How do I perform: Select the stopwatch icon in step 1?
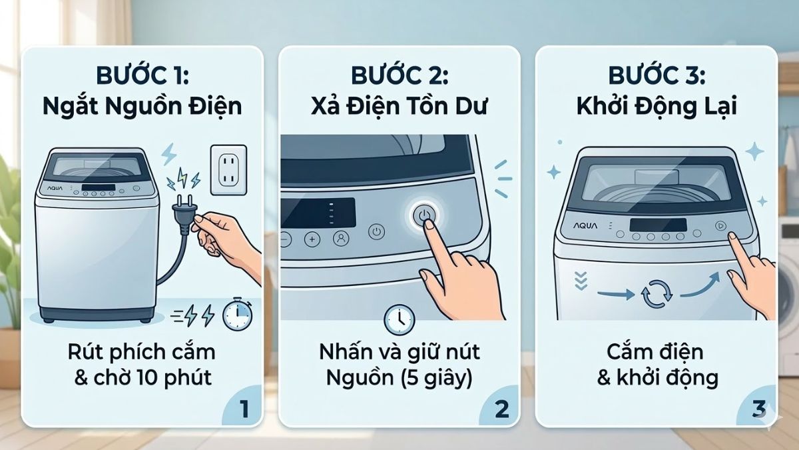(x=237, y=314)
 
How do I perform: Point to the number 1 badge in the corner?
(x=243, y=408)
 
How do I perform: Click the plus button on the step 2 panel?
(x=312, y=239)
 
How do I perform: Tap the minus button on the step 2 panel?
(x=286, y=239)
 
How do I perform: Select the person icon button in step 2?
(x=340, y=238)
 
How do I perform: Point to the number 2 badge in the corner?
(x=501, y=408)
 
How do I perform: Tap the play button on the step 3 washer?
(x=720, y=226)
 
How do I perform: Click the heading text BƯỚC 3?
(x=656, y=75)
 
